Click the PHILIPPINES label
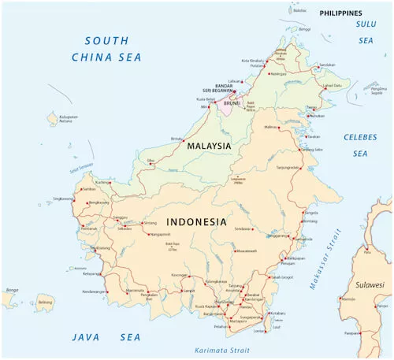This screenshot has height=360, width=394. tap(340, 13)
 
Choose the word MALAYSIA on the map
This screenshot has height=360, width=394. tap(208, 146)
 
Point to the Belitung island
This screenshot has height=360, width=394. tap(45, 301)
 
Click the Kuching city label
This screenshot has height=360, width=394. tap(102, 182)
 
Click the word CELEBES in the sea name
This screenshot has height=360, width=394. tap(359, 137)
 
